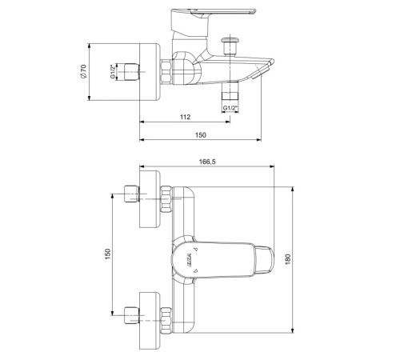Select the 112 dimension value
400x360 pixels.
click(x=185, y=117)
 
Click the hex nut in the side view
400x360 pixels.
click(x=166, y=70)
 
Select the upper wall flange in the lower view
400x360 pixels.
click(x=151, y=199)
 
